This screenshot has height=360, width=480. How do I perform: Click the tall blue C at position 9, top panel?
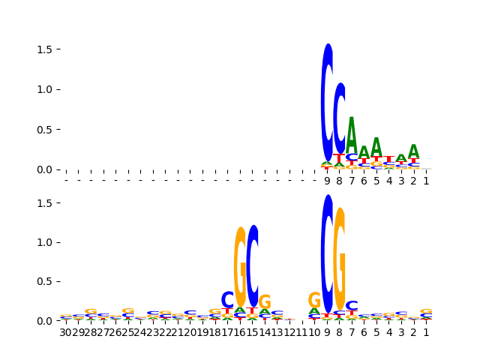click(x=327, y=102)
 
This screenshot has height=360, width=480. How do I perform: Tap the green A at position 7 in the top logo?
click(x=352, y=135)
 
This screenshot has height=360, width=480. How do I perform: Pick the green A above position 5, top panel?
click(x=376, y=148)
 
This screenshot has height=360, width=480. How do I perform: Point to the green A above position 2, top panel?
click(x=413, y=152)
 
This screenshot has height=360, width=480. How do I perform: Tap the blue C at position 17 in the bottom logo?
click(x=227, y=300)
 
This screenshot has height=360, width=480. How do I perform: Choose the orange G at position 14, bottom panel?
click(x=265, y=302)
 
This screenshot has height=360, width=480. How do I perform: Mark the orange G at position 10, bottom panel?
click(x=314, y=301)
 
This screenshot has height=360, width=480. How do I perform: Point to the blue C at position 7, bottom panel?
click(x=352, y=306)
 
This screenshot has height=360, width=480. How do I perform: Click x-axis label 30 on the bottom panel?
click(x=66, y=331)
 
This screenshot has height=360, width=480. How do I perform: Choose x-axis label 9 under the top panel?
click(x=327, y=181)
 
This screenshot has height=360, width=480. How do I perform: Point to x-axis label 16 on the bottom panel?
click(x=240, y=331)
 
